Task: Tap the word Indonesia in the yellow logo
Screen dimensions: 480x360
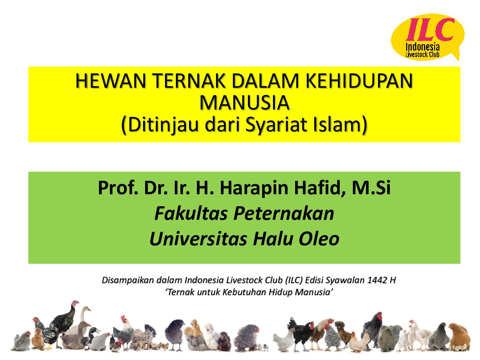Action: pyautogui.click(x=423, y=47)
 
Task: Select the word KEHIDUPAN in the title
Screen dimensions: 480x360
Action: pyautogui.click(x=359, y=81)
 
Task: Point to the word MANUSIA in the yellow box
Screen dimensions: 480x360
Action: pyautogui.click(x=244, y=103)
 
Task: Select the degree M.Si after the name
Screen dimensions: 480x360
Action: pyautogui.click(x=371, y=188)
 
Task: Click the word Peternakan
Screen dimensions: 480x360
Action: pyautogui.click(x=283, y=213)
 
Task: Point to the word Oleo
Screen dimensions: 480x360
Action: pyautogui.click(x=319, y=238)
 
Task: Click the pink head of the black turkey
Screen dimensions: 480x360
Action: pyautogui.click(x=75, y=304)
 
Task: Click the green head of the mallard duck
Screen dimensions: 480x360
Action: pyautogui.click(x=94, y=330)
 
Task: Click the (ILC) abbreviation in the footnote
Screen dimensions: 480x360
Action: pyautogui.click(x=294, y=280)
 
